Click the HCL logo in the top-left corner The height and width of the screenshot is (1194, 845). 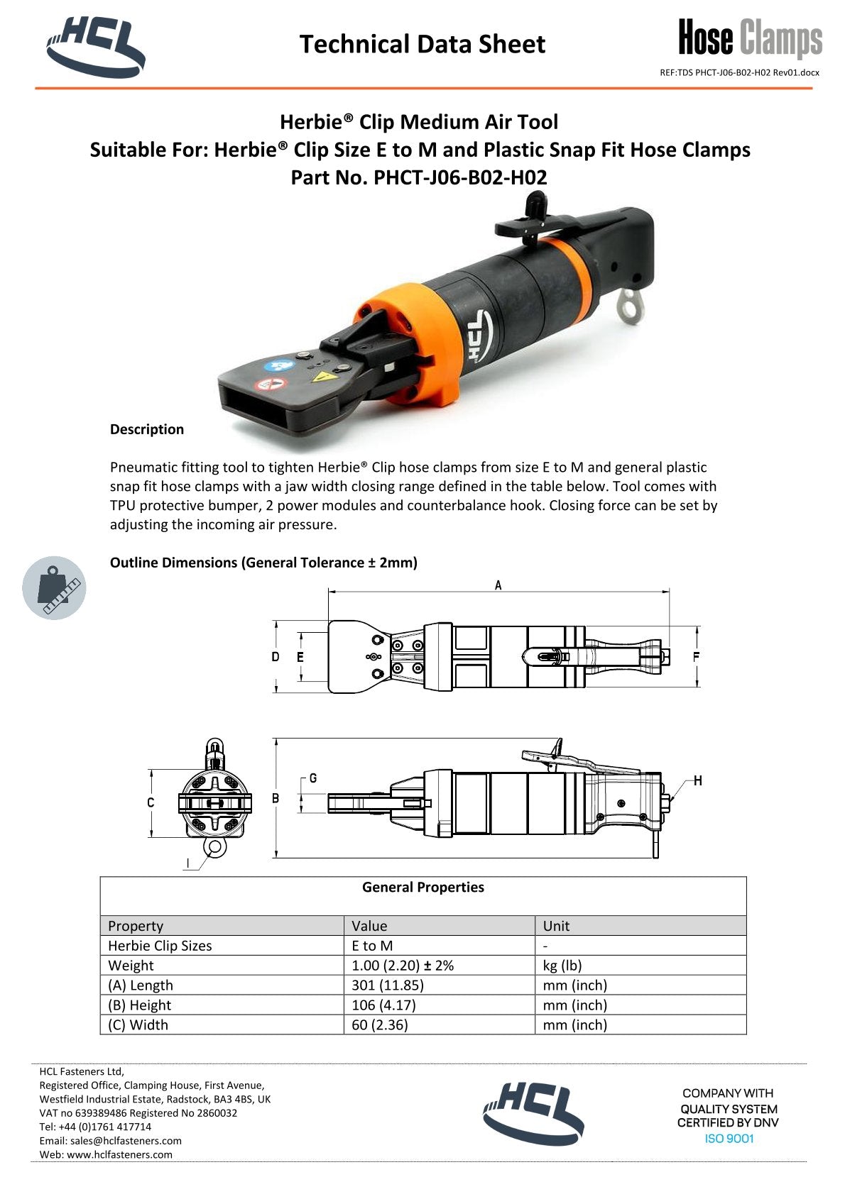(x=96, y=47)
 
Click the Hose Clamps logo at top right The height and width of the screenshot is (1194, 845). (x=750, y=38)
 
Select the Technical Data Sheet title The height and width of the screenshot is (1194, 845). (x=422, y=44)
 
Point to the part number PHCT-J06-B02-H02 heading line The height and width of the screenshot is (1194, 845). (x=419, y=177)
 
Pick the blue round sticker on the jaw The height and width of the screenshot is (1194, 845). (x=274, y=366)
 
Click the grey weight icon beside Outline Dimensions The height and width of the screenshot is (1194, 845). (x=54, y=587)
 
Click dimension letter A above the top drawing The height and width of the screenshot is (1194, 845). (x=498, y=585)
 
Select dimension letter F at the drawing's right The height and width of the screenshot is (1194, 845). (x=696, y=657)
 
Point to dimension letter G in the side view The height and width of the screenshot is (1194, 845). (x=313, y=778)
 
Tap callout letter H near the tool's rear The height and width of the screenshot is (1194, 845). (x=698, y=780)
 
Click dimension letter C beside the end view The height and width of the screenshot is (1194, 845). (x=151, y=802)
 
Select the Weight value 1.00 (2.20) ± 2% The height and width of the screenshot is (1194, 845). (x=403, y=965)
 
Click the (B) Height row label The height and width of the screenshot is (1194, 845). (x=140, y=1005)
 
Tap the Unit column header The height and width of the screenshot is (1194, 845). (x=556, y=925)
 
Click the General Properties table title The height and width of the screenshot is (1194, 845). (x=423, y=887)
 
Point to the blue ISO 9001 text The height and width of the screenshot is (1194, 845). (x=729, y=1139)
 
